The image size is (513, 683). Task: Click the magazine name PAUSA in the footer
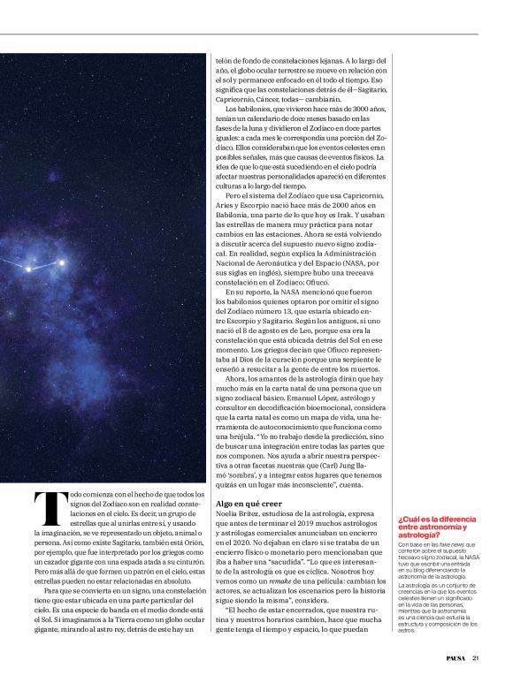click(456, 656)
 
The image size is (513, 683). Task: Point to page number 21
click(476, 656)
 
